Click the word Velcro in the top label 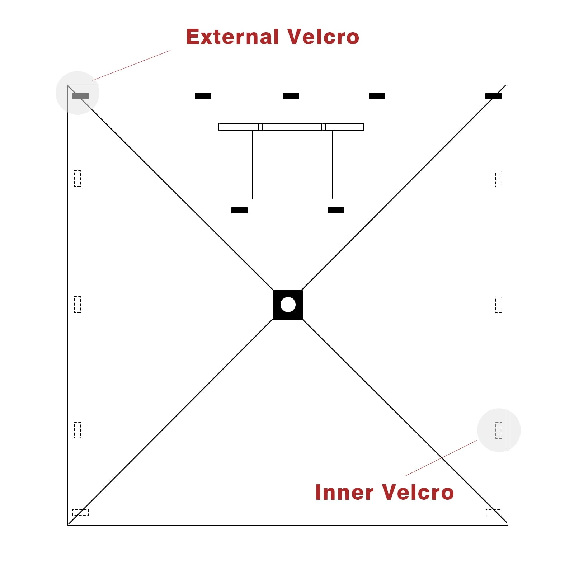323,37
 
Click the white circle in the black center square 288,305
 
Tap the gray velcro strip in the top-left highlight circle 80,96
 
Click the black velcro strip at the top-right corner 493,96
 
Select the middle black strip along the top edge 291,96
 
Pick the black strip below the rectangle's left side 239,210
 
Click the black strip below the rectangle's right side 336,210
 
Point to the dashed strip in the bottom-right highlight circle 499,430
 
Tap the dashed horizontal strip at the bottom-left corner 80,512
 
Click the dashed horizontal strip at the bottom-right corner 494,513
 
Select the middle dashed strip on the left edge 77,305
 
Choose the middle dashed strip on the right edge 499,305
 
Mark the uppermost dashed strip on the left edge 77,179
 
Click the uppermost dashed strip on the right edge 499,179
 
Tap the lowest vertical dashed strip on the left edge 77,430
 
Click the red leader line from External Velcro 131,65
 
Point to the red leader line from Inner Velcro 441,458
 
